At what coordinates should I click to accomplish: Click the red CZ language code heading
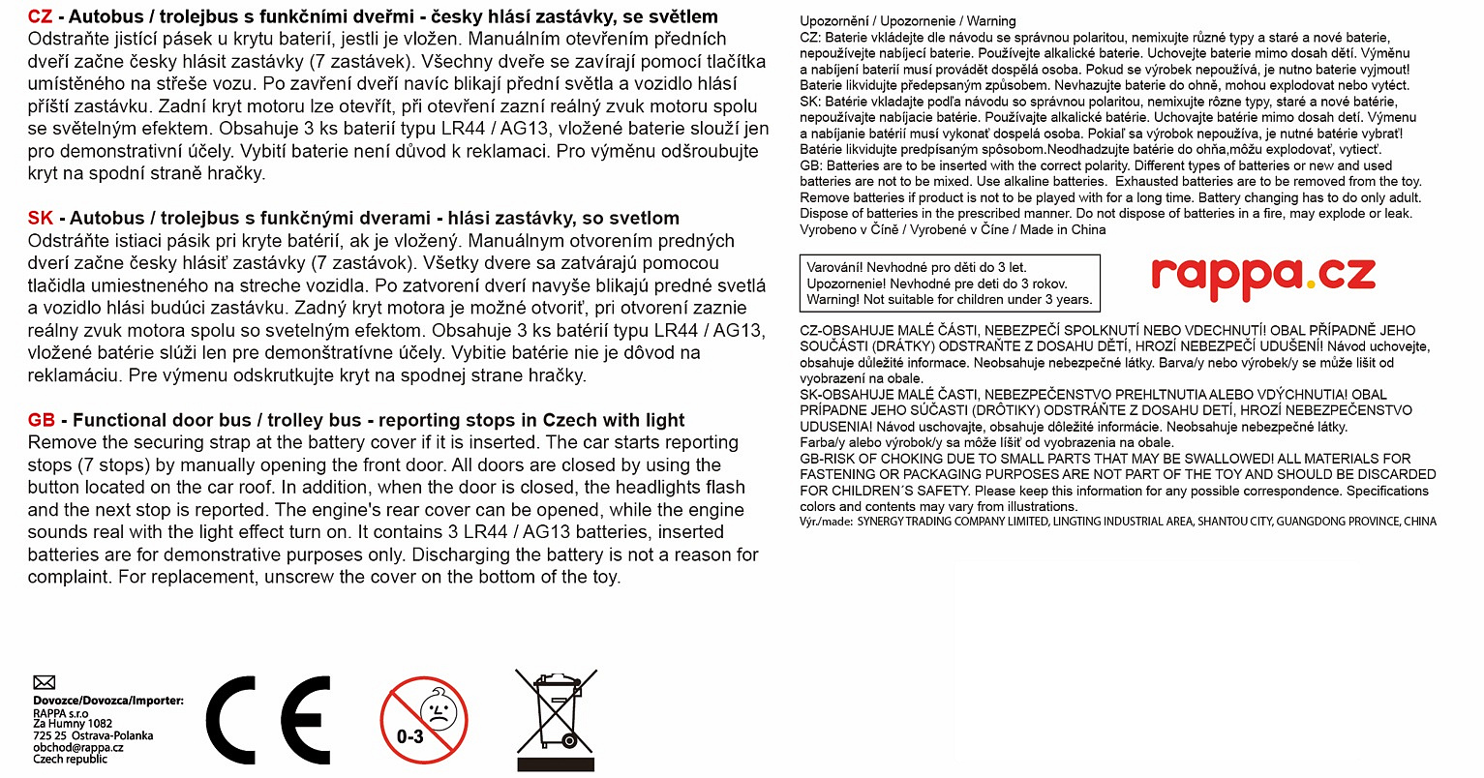point(40,16)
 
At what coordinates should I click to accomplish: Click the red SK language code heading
point(41,218)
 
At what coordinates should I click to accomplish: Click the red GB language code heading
point(42,420)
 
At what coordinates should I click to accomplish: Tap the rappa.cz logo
point(1263,276)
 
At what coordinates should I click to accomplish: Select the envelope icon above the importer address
point(45,682)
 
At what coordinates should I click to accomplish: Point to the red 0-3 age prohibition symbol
point(424,720)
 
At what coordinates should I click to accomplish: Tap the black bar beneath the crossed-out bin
point(556,763)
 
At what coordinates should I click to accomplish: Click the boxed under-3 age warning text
point(950,284)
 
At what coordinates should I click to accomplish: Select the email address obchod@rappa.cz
point(78,747)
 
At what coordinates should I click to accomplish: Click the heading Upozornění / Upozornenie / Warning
point(908,20)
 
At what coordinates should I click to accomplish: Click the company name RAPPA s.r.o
point(60,713)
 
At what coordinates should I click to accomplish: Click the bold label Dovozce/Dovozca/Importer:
point(108,701)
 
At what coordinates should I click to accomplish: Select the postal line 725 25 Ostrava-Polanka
point(93,735)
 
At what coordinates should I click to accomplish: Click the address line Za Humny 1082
point(73,724)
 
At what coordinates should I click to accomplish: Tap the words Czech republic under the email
point(71,759)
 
